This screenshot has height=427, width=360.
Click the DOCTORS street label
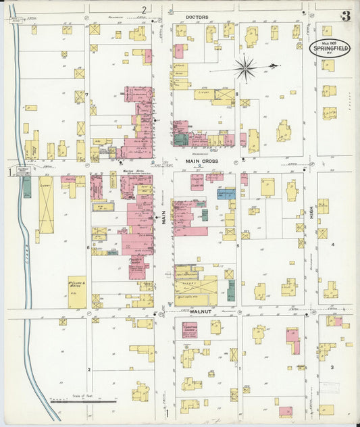click(x=197, y=16)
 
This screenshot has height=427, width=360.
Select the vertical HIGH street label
click(x=311, y=216)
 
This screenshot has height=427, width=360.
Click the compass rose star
click(x=245, y=68)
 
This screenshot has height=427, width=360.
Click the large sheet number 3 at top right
click(x=345, y=16)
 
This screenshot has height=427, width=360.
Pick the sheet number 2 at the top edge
click(x=143, y=9)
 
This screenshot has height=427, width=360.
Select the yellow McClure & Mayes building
click(x=76, y=291)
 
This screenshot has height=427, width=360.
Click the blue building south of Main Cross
click(x=226, y=194)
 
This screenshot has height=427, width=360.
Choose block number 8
click(x=237, y=95)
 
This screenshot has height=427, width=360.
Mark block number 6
click(x=88, y=247)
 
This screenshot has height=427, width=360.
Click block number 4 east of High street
click(x=332, y=245)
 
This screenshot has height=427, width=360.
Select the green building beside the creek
click(x=27, y=186)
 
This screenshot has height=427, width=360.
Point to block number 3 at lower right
click(x=332, y=367)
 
